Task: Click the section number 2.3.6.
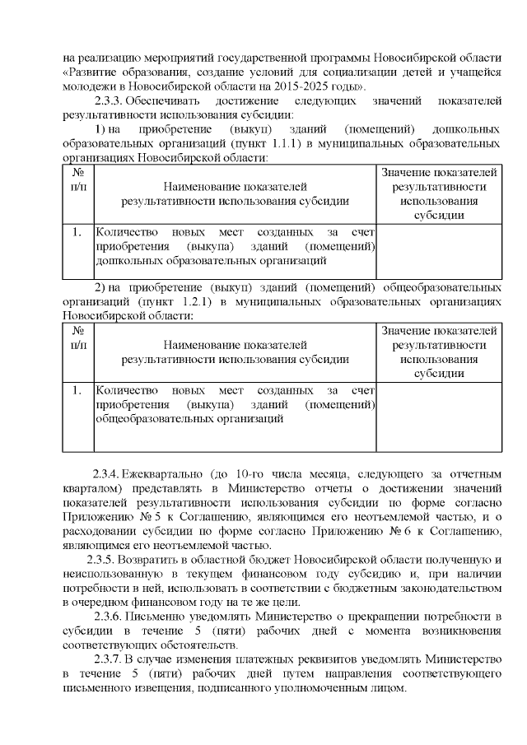[x=111, y=616]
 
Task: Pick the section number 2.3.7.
[x=111, y=659]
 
